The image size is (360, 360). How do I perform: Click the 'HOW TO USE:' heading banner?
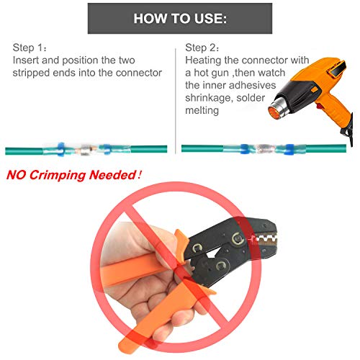click(180, 18)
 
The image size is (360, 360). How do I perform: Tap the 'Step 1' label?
click(30, 48)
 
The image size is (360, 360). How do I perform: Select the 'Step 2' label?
click(202, 48)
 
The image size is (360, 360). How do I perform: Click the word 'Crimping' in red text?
click(58, 175)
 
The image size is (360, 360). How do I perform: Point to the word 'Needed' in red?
click(112, 175)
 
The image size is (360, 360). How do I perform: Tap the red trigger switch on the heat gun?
click(320, 105)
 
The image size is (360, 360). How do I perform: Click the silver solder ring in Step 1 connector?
click(85, 150)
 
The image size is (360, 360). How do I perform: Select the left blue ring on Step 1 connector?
click(60, 149)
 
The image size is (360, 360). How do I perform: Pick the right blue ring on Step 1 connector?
click(107, 150)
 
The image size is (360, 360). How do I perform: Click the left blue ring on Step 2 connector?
click(244, 149)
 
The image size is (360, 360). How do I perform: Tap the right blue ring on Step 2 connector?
click(289, 149)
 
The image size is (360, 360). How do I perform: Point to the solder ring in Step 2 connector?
click(264, 149)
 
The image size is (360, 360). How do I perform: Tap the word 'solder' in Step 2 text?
click(251, 98)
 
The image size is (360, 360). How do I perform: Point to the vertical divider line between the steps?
click(176, 101)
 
